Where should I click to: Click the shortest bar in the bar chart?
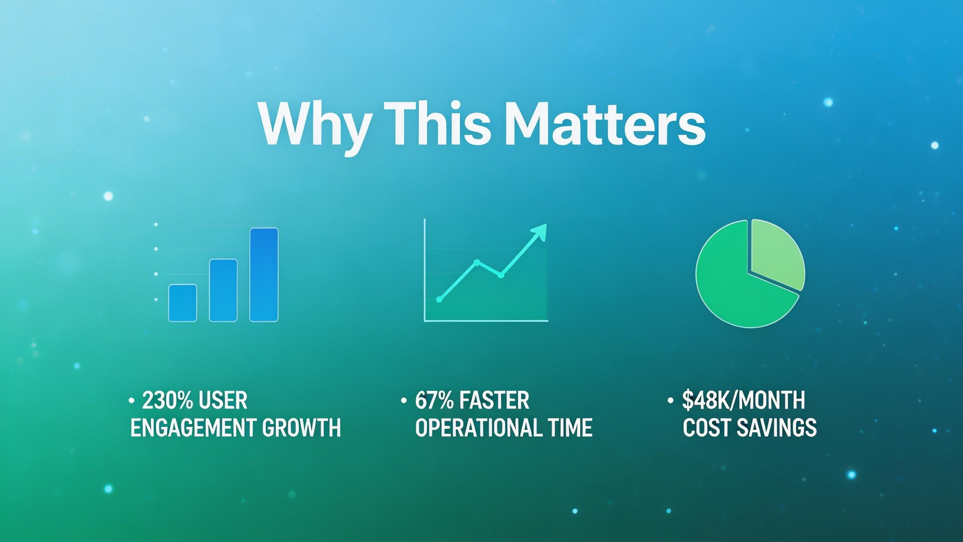click(183, 303)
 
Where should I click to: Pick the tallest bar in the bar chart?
click(264, 275)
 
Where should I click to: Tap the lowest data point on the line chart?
click(439, 300)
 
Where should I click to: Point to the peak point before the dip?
click(476, 262)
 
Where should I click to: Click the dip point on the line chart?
click(501, 275)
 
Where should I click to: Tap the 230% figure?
click(168, 400)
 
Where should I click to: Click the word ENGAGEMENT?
click(193, 428)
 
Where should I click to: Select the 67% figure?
click(434, 400)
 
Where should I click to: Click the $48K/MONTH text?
click(743, 400)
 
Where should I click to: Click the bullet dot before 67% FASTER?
click(404, 400)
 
